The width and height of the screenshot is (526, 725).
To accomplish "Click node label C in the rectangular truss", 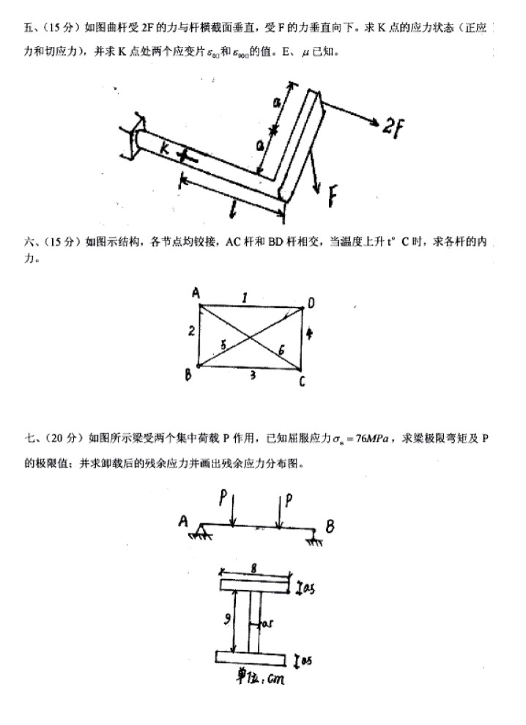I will pyautogui.click(x=301, y=382).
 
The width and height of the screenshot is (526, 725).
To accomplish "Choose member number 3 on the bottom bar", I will pyautogui.click(x=252, y=375).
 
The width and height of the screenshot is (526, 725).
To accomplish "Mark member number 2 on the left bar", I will pyautogui.click(x=190, y=332).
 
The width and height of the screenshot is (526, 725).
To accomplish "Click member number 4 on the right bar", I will pyautogui.click(x=310, y=334).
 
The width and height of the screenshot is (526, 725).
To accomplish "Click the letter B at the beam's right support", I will pyautogui.click(x=330, y=526).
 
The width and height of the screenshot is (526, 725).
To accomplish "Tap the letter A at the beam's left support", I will pyautogui.click(x=183, y=521).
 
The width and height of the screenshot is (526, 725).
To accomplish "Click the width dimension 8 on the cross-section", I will pyautogui.click(x=253, y=567).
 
